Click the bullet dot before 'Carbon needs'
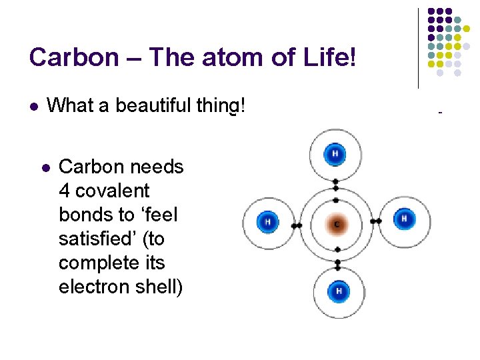click(x=45, y=167)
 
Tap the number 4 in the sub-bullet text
click(x=64, y=191)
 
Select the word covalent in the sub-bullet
click(x=113, y=191)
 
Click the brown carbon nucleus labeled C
click(x=337, y=224)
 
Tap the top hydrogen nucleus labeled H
click(x=335, y=155)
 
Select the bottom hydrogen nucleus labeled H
click(x=339, y=291)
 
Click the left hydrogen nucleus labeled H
click(x=267, y=222)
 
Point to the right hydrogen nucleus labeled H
click(x=403, y=219)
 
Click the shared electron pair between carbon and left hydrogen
click(x=296, y=225)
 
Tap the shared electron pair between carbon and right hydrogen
click(x=376, y=221)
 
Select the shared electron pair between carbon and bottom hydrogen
click(x=338, y=264)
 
